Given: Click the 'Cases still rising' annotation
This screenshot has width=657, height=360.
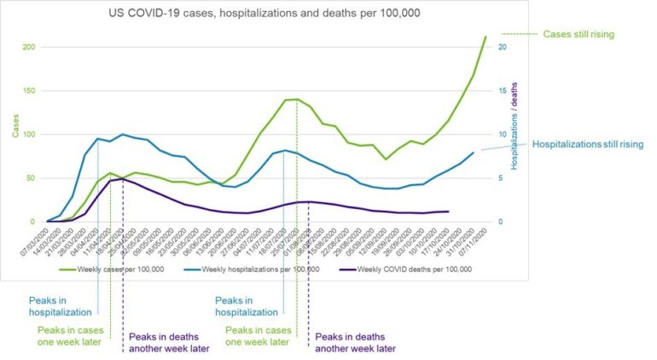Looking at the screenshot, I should pos(584,34).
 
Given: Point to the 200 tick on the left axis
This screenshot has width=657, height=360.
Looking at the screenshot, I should pos(29,46).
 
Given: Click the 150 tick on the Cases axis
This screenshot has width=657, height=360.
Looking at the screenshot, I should pos(29,90).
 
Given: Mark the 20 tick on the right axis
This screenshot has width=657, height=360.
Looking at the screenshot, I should pos(503,46).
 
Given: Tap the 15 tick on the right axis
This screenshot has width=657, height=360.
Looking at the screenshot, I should pos(503,90).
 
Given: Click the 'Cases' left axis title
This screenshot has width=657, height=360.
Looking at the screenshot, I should pos(13,125).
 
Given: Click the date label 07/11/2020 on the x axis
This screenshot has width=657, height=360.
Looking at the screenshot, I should pos(476,241).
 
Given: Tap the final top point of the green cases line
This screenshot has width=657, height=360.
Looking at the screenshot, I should pos(485,37).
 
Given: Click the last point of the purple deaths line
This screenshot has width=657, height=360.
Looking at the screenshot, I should pos(448,212).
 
